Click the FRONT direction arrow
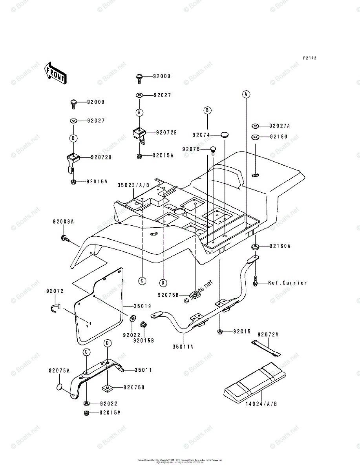point(55,73)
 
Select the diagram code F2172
point(309,58)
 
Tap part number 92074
point(201,135)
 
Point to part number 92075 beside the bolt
point(191,149)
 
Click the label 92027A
point(279,126)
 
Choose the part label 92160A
point(279,246)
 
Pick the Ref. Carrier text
point(287,283)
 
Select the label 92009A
point(64,222)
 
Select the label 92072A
point(268,334)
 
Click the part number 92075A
point(59,371)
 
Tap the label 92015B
point(143,340)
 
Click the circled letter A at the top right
point(246,94)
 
